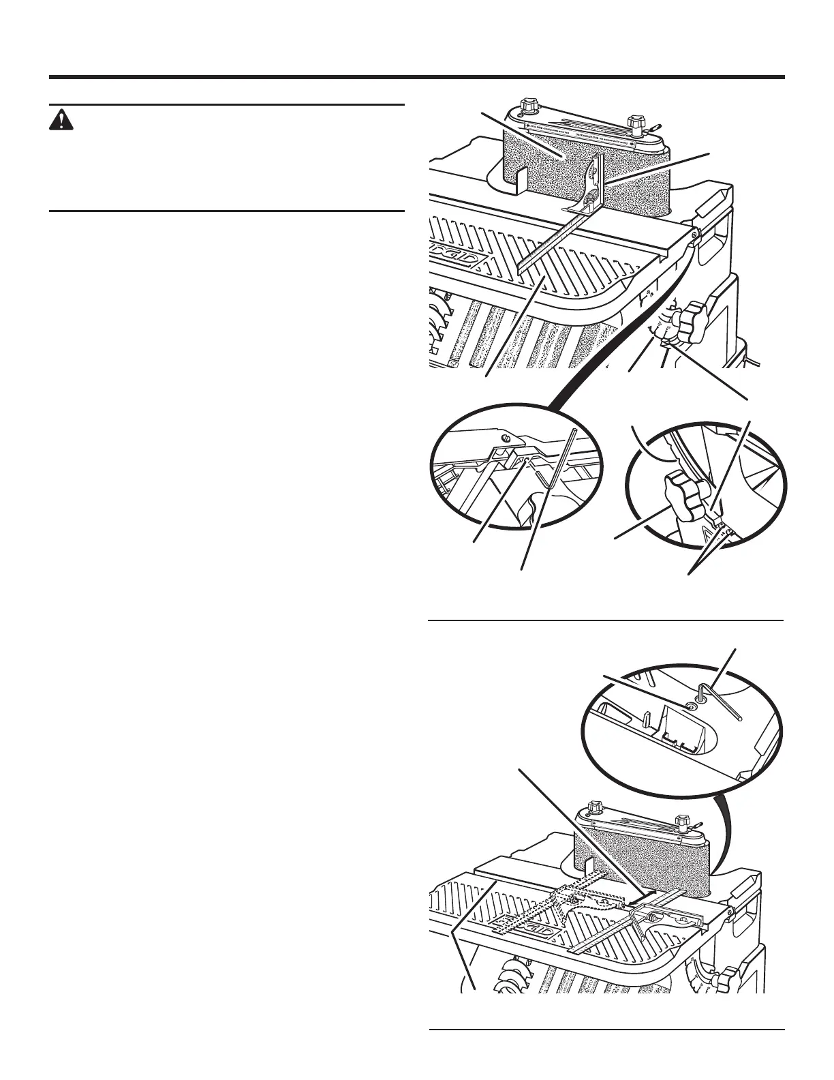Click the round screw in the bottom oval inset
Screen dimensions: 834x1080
click(691, 707)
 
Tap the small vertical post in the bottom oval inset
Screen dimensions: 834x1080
click(645, 719)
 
